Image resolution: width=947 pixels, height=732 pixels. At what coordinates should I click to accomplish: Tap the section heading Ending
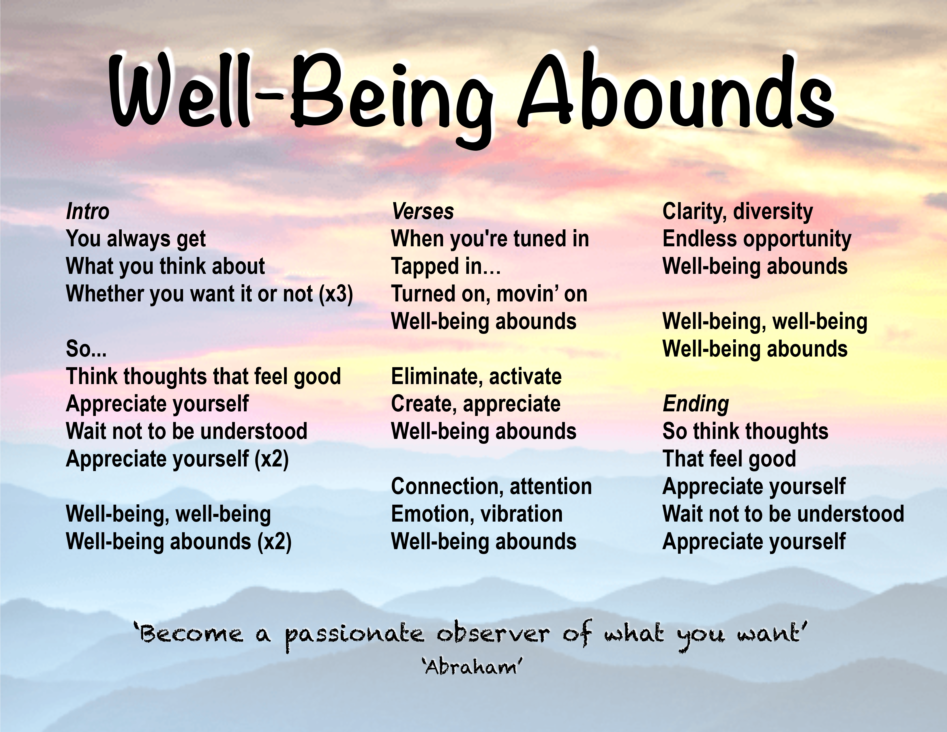click(x=696, y=404)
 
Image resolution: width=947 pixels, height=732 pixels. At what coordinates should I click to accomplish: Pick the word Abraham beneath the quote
click(x=472, y=667)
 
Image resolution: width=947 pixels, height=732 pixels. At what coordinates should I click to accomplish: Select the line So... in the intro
click(x=86, y=349)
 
